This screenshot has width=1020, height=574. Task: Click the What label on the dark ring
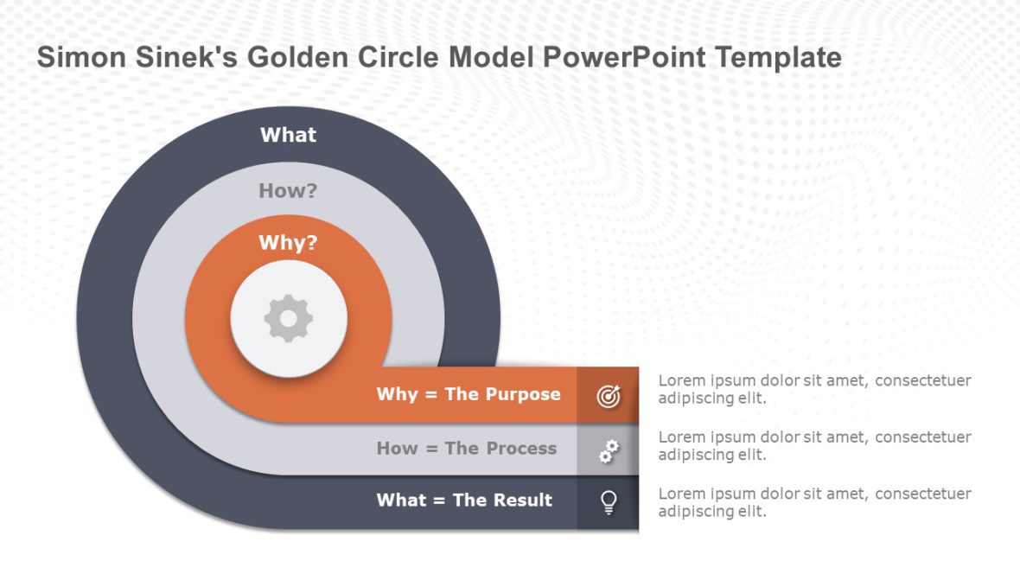coord(289,135)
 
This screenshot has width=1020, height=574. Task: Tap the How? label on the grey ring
coord(289,191)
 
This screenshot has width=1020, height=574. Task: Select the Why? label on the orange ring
coord(289,243)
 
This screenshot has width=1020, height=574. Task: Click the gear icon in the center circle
coord(289,319)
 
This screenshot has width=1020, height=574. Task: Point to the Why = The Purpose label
coord(469,394)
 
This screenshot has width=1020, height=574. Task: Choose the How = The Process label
coord(467,449)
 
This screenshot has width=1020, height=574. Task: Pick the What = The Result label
coord(464,501)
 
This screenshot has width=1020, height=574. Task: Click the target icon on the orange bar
coord(609,396)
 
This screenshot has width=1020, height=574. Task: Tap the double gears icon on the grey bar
coord(609,450)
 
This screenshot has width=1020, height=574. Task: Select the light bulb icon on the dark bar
coord(609,501)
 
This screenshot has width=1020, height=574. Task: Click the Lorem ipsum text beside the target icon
coord(814,389)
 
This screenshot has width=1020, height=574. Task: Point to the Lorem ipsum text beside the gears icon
coord(814,445)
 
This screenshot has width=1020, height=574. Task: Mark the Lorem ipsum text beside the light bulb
coord(814,502)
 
